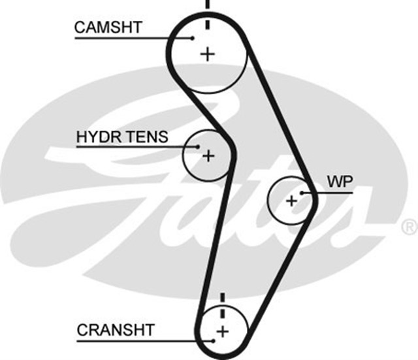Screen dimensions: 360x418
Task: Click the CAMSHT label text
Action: (108, 27)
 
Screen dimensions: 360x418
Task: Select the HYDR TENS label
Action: (122, 137)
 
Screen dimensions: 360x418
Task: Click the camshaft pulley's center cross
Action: (208, 54)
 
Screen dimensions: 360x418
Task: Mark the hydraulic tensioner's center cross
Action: (208, 155)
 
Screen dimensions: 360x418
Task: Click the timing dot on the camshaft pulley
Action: (193, 37)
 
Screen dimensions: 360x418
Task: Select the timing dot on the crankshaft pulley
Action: (213, 340)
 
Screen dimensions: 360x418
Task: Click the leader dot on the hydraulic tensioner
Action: (197, 146)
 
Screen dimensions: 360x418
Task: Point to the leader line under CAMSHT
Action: (131, 37)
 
